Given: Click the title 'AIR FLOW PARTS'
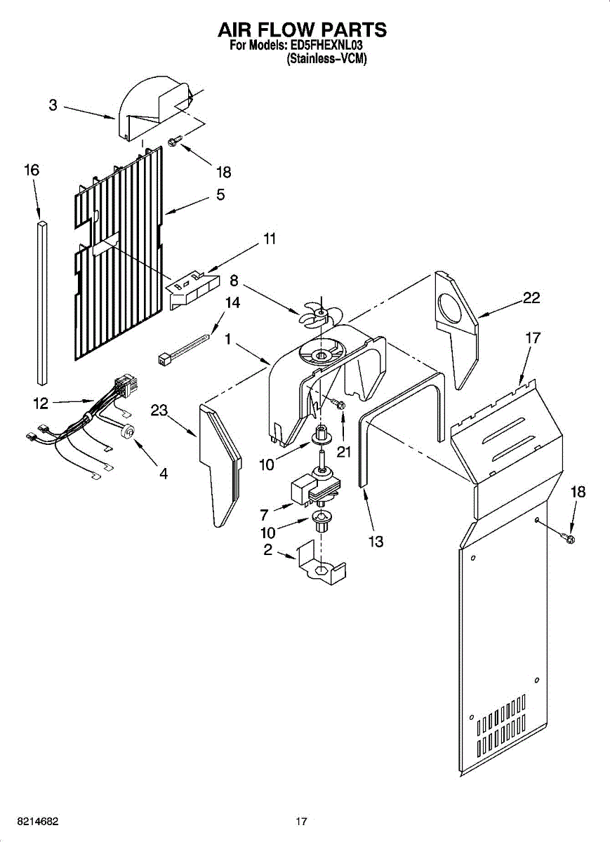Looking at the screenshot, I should (303, 29).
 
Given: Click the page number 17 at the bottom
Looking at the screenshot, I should (302, 821).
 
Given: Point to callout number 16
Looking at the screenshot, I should (32, 170).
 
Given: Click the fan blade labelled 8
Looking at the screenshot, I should (317, 314).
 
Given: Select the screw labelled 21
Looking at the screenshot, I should (340, 405).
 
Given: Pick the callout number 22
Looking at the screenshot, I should (531, 298).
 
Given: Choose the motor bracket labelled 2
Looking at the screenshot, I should (321, 564).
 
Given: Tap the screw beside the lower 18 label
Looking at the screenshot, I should (569, 539).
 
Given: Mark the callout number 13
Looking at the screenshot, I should (376, 541).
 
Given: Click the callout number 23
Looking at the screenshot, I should (159, 410).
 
